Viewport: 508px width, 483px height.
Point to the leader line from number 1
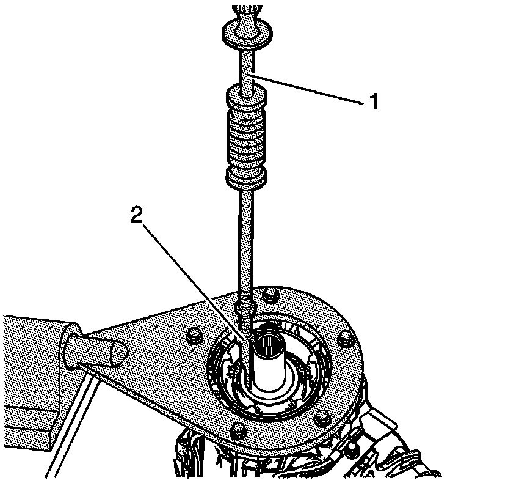coord(305,88)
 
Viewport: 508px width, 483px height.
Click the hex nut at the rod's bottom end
coord(245,302)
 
